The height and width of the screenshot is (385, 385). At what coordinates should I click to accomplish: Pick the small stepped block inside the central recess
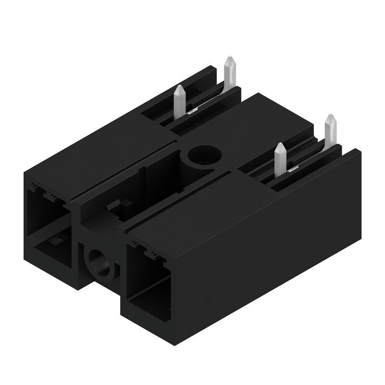pos(115,207)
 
